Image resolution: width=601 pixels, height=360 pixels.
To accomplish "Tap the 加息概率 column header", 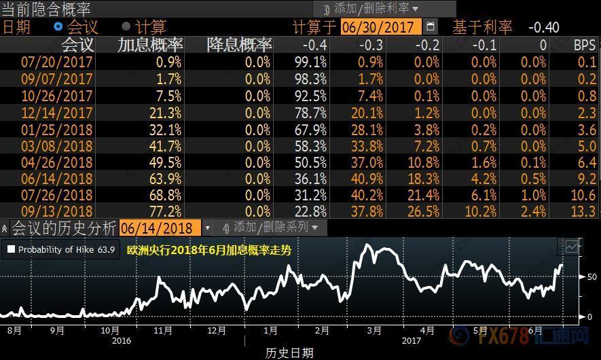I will click(150, 45).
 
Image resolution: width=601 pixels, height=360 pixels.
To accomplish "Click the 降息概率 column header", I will click(239, 45).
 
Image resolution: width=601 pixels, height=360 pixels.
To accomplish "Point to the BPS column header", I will click(584, 46).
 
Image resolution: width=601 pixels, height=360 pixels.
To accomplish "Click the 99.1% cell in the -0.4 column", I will click(311, 62).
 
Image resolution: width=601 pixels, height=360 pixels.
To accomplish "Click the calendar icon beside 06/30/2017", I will click(431, 26).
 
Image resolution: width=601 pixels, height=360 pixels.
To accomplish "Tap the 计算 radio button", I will click(126, 26).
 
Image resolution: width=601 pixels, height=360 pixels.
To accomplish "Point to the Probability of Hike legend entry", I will click(60, 249).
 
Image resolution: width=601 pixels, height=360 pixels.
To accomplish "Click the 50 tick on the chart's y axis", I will click(591, 277).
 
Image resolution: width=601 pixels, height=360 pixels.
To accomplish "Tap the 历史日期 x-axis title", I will click(289, 353).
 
